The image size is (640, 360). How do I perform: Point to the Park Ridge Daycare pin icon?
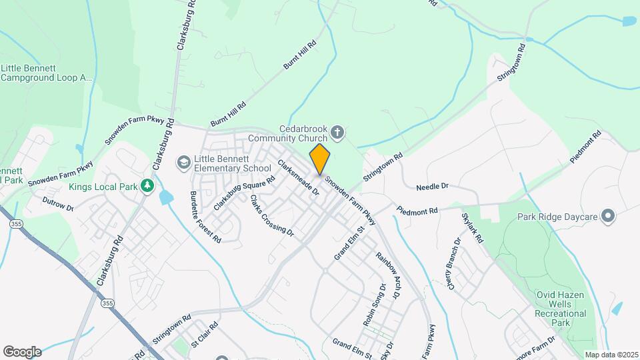tap(607, 216)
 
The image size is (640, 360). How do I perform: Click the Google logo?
tap(22, 351)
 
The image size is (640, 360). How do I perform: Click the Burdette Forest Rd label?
tap(205, 217)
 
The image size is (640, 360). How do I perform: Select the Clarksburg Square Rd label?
tap(244, 194)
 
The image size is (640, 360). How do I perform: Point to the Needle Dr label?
tap(432, 187)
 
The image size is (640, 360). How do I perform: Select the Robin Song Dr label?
tap(375, 305)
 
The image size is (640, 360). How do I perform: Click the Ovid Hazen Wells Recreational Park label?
tap(561, 309)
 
